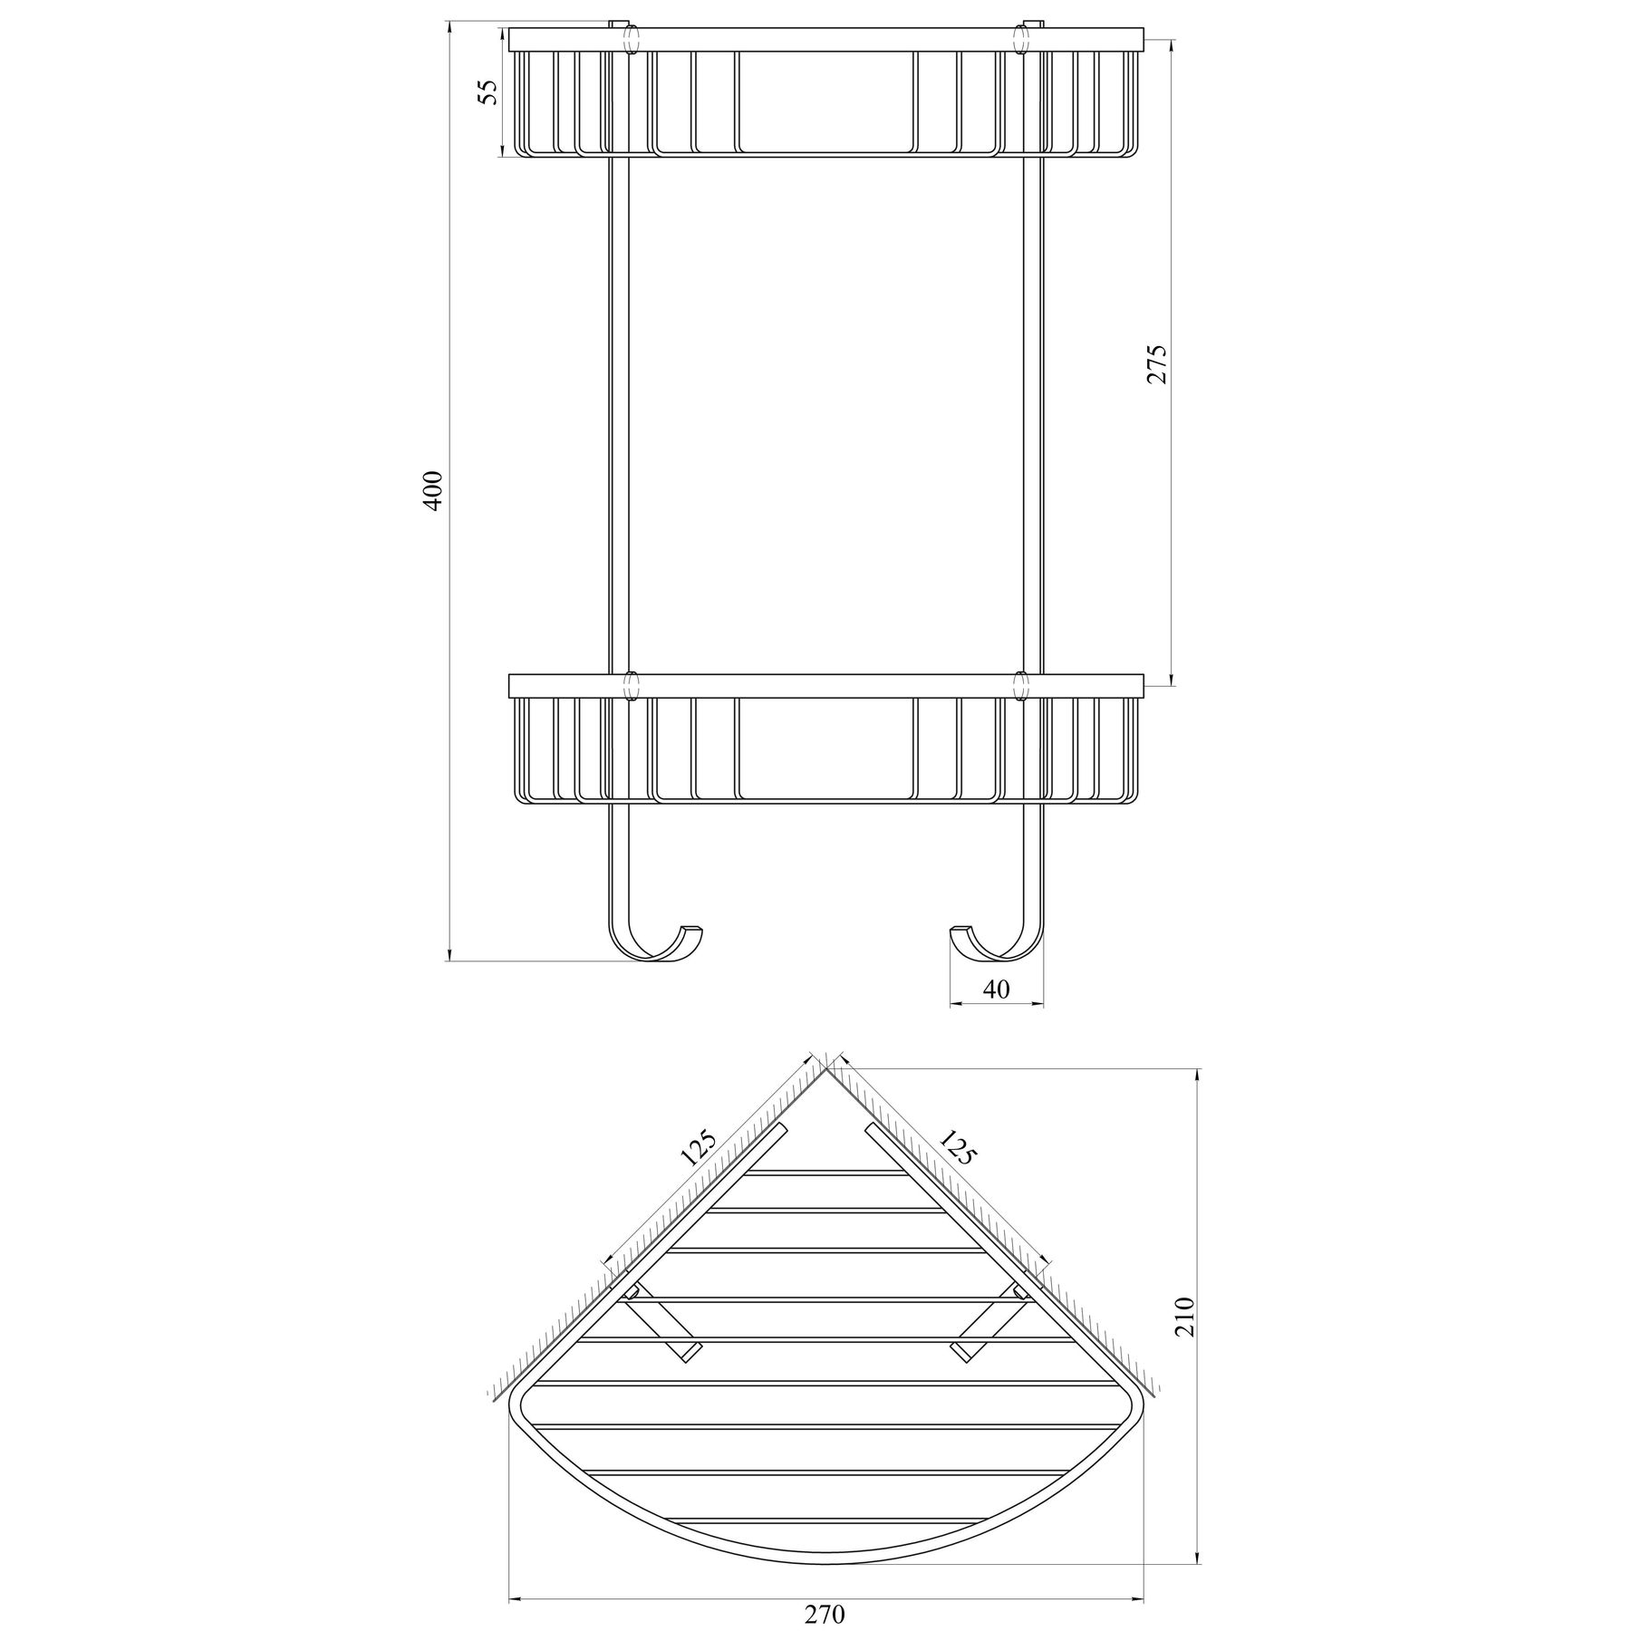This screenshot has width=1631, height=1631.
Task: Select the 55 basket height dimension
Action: click(x=488, y=92)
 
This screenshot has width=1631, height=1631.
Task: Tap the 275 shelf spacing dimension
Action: click(x=1158, y=364)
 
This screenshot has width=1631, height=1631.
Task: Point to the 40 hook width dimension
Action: click(x=996, y=989)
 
